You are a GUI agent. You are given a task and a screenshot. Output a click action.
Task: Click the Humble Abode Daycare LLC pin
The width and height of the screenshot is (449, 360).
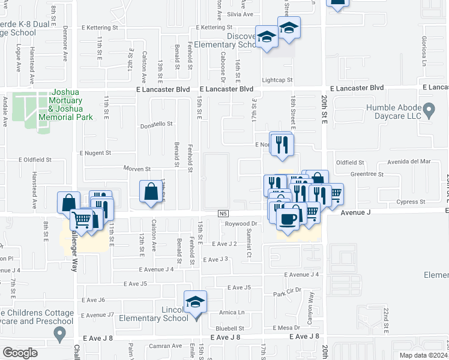(429, 110)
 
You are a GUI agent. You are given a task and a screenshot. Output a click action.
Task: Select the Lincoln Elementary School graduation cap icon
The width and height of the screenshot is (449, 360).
(195, 302)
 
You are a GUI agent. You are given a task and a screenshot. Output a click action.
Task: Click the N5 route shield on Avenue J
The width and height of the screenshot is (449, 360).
(223, 214)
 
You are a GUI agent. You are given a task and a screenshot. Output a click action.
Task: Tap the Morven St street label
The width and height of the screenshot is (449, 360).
(137, 169)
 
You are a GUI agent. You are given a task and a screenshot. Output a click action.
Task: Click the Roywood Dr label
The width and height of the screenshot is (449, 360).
(241, 224)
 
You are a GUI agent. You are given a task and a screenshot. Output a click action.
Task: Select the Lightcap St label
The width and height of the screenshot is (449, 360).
(277, 80)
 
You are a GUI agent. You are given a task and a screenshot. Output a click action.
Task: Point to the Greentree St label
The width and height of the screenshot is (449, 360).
(367, 174)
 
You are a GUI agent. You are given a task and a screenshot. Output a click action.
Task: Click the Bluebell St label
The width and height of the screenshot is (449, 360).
(230, 328)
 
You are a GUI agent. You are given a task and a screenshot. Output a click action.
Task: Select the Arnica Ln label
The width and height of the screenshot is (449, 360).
(232, 312)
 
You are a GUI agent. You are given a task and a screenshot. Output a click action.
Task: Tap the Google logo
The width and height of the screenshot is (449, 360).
(20, 353)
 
